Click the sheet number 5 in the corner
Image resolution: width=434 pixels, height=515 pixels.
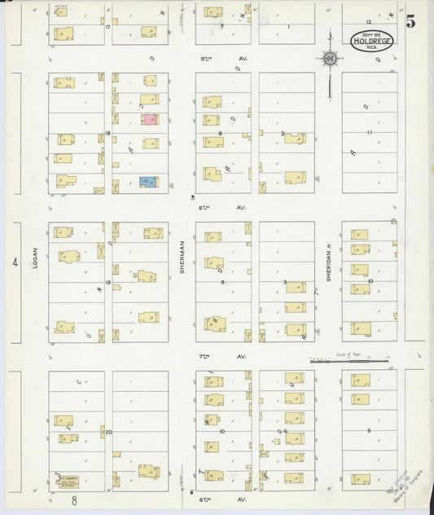pos(410,22)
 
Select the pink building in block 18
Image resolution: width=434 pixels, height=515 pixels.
pos(149,119)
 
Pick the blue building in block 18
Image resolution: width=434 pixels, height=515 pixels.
pos(147,182)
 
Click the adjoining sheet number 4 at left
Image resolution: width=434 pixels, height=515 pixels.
pos(15,262)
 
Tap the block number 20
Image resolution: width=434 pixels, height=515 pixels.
pos(107,432)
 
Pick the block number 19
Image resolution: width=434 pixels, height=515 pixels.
pos(107,282)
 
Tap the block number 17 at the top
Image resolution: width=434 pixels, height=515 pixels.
pos(107,27)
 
